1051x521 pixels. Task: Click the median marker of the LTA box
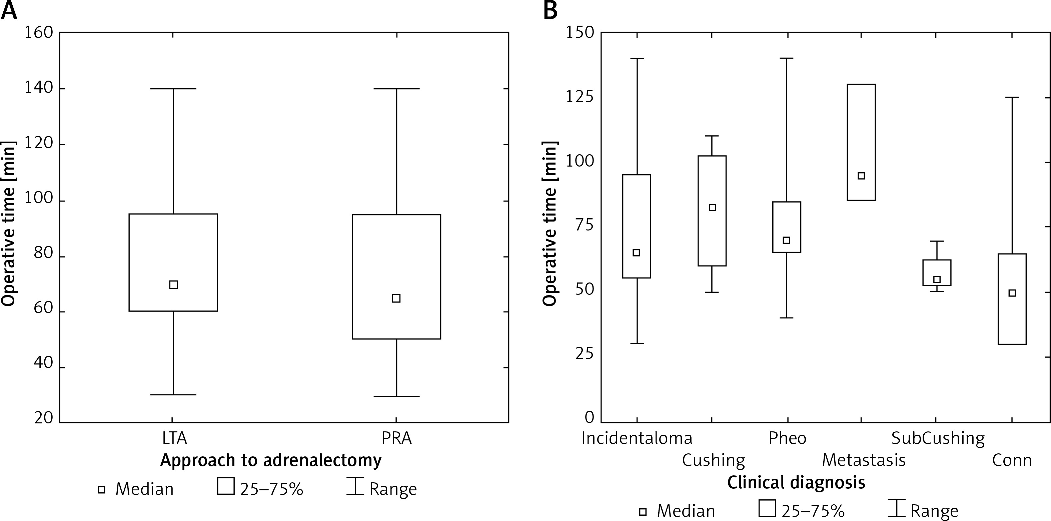click(173, 284)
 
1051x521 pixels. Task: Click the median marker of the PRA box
click(396, 298)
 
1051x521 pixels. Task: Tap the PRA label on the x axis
click(396, 438)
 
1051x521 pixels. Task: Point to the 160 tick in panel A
click(39, 32)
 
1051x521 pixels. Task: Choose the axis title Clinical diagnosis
click(796, 483)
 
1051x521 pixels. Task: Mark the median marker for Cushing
click(712, 208)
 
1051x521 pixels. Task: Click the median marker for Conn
click(1012, 293)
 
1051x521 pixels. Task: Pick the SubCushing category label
click(938, 438)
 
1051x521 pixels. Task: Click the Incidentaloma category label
click(637, 438)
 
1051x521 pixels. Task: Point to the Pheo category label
click(788, 438)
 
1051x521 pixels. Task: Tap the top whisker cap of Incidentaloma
click(637, 59)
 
